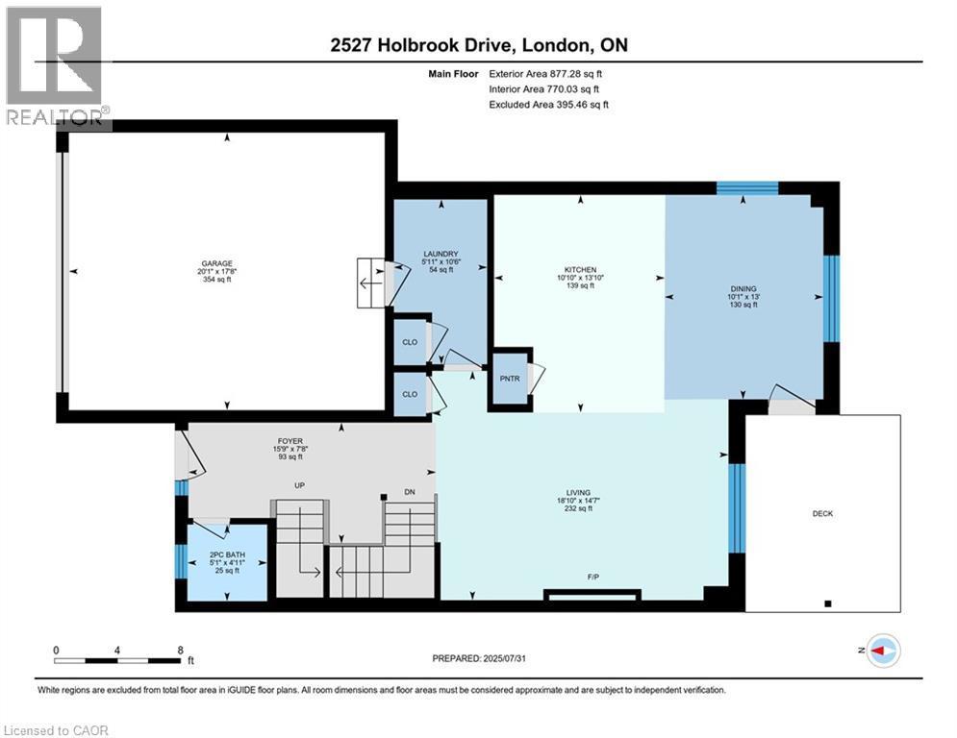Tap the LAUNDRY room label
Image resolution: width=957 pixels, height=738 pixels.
(x=439, y=256)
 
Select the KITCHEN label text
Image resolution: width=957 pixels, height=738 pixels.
(x=580, y=270)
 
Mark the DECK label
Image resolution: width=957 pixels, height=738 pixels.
(x=822, y=514)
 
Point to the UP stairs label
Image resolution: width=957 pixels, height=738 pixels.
(x=299, y=485)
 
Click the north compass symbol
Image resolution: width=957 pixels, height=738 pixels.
(x=882, y=651)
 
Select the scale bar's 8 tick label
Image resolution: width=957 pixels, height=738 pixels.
(x=180, y=650)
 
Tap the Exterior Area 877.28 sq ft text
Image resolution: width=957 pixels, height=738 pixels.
(x=546, y=73)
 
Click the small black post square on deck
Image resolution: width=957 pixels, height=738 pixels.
(x=828, y=604)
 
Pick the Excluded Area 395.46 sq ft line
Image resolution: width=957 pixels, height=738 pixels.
(x=548, y=104)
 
